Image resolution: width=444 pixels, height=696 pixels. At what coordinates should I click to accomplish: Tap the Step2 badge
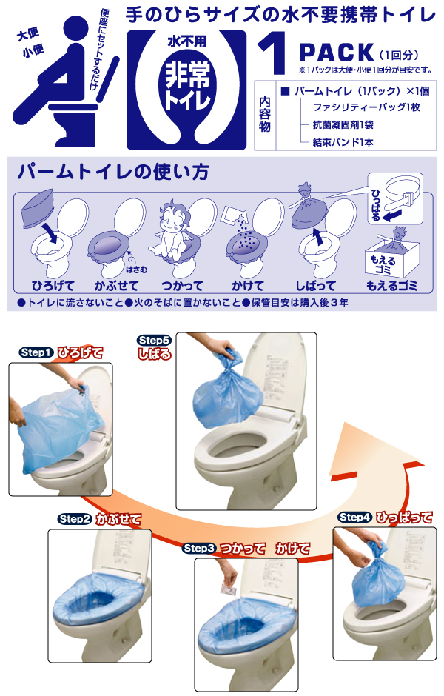point(75,519)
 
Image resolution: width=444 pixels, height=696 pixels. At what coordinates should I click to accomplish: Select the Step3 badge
point(200,548)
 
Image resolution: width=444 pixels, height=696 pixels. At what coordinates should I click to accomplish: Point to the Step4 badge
point(355,517)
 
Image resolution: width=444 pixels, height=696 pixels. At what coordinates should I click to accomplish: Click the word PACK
point(337,53)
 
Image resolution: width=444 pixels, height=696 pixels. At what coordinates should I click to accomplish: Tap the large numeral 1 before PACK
point(274,52)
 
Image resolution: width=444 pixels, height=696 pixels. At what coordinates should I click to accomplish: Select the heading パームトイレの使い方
point(113,172)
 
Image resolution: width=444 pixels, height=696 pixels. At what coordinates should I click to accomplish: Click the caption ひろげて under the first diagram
point(53,285)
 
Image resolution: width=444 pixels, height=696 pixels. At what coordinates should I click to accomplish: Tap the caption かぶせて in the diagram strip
point(117,285)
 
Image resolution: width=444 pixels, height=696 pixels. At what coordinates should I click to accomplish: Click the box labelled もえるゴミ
point(391,253)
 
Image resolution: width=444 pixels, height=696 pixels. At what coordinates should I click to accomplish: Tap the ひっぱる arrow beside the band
point(391,216)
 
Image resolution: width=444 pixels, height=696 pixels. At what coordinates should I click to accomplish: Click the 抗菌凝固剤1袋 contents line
point(343,124)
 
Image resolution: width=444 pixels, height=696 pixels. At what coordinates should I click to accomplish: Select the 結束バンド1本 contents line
point(343,142)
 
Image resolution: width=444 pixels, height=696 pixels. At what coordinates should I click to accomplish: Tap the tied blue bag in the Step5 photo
point(227,391)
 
